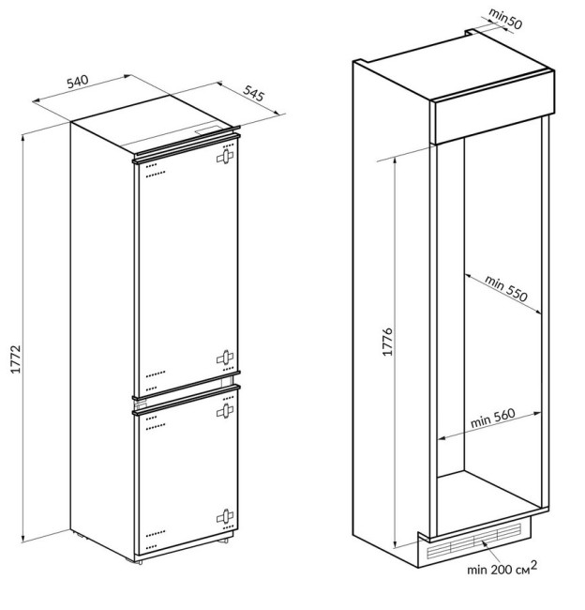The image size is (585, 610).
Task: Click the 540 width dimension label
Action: coord(78,82)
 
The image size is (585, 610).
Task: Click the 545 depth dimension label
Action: coord(254,93)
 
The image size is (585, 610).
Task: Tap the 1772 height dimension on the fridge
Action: coord(16,359)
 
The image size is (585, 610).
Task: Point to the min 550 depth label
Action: coord(506,288)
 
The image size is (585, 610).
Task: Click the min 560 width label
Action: coord(493,418)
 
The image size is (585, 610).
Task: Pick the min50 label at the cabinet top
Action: coord(505,19)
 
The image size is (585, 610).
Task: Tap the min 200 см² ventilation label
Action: coord(502,569)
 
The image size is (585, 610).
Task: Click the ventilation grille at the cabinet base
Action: coord(473,541)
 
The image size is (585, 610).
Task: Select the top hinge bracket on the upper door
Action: coord(225,157)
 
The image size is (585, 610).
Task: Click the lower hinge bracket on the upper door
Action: coord(225,358)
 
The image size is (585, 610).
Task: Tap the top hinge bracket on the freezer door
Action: coord(225,411)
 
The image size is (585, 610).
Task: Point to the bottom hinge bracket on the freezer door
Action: coord(225,516)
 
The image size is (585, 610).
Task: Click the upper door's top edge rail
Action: coord(187,147)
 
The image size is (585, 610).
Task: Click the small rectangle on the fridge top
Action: coord(209,130)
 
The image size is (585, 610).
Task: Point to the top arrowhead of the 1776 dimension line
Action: coord(396,160)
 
